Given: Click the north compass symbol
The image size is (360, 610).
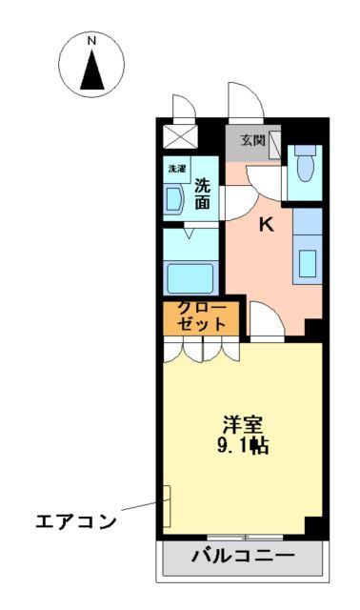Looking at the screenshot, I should point(92,66).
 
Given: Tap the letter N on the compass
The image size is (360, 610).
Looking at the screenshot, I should point(92,42).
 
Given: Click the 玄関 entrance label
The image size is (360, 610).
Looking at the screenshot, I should point(252,140).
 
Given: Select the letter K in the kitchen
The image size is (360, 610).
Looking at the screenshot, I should point(268,225).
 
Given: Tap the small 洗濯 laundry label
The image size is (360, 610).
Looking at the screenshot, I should point(177,169).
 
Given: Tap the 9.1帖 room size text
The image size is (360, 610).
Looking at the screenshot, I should point(245,446).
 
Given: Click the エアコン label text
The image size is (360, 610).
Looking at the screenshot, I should point(76,521).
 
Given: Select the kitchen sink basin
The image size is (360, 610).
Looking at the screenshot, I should point(307,261).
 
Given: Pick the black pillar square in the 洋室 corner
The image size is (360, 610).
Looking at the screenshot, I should point(312,524).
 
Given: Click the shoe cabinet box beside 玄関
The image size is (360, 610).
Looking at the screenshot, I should point(275,144).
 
